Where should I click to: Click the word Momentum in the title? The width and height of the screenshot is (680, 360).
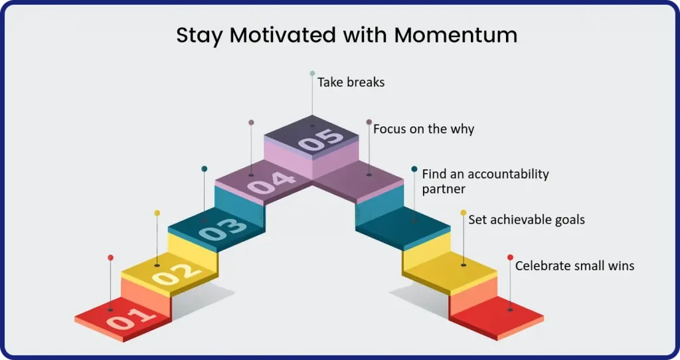tap(456, 35)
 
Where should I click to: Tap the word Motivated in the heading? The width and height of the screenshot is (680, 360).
tap(283, 35)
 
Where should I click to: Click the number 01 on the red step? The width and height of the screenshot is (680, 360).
tap(131, 319)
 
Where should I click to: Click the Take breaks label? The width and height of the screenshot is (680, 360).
tap(351, 82)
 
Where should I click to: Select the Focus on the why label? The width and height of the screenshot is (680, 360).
tap(424, 129)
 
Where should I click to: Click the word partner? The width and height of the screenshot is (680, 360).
tap(444, 189)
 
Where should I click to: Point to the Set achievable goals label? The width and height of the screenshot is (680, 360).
tap(527, 219)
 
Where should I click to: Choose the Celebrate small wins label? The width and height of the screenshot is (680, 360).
tap(574, 266)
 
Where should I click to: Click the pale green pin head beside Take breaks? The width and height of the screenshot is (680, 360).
tap(312, 73)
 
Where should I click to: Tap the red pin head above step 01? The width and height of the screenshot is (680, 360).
tap(111, 258)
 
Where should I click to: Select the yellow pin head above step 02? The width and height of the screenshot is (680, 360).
tap(157, 213)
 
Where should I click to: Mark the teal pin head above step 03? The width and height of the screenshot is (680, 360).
tap(205, 169)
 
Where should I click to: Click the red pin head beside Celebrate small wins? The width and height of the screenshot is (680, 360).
tap(510, 258)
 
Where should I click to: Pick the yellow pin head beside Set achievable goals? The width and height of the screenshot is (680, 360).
tap(463, 213)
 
